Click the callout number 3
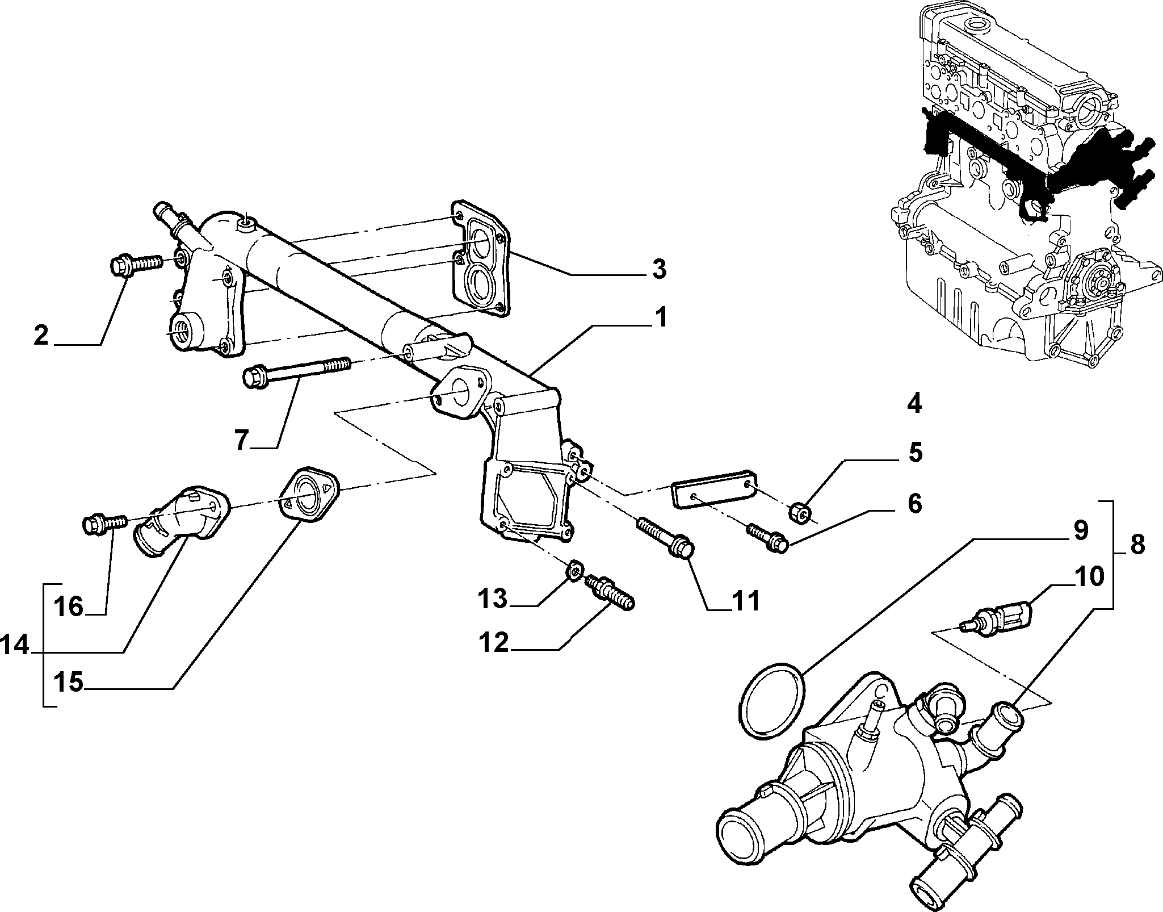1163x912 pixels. (x=658, y=270)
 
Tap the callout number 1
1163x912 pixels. (x=660, y=319)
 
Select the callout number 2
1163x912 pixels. (x=41, y=335)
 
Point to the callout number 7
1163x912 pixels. (x=242, y=440)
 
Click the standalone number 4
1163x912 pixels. (x=914, y=404)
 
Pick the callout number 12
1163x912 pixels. (x=492, y=643)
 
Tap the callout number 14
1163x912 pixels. (x=15, y=646)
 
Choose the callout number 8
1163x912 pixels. (x=1137, y=546)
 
